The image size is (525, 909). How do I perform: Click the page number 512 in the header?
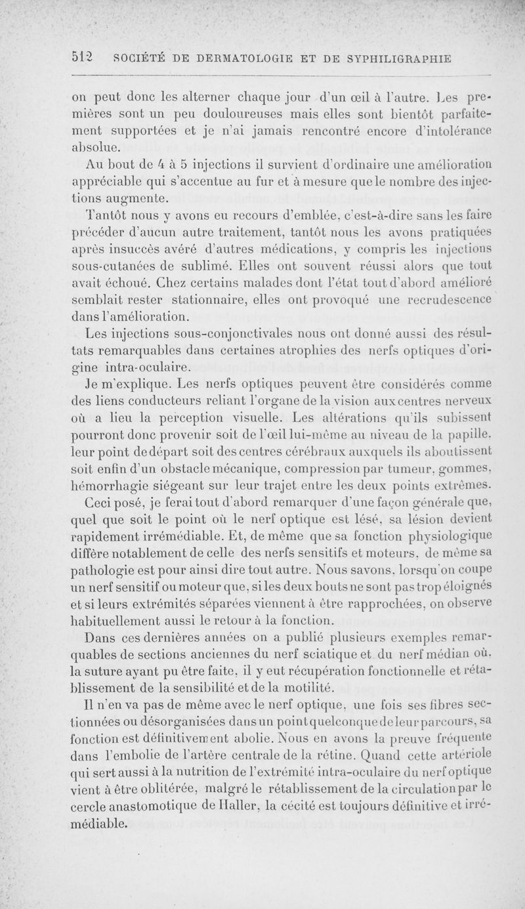81,57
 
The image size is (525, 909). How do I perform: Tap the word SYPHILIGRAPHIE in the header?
400,57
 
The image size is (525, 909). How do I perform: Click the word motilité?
310,679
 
